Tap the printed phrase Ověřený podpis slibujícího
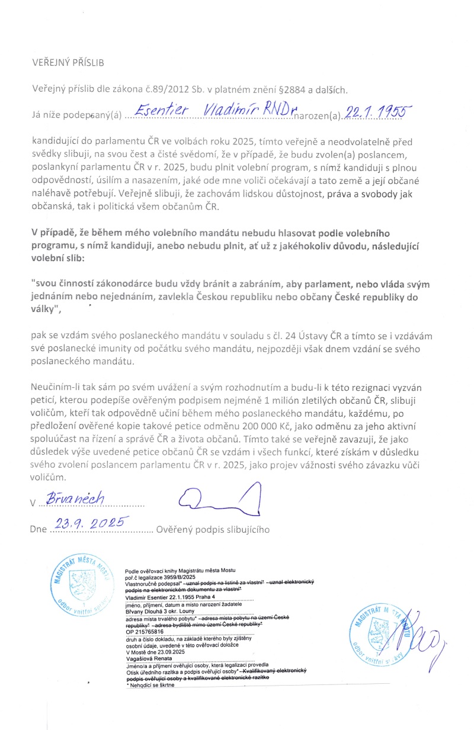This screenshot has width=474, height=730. tap(213, 529)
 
